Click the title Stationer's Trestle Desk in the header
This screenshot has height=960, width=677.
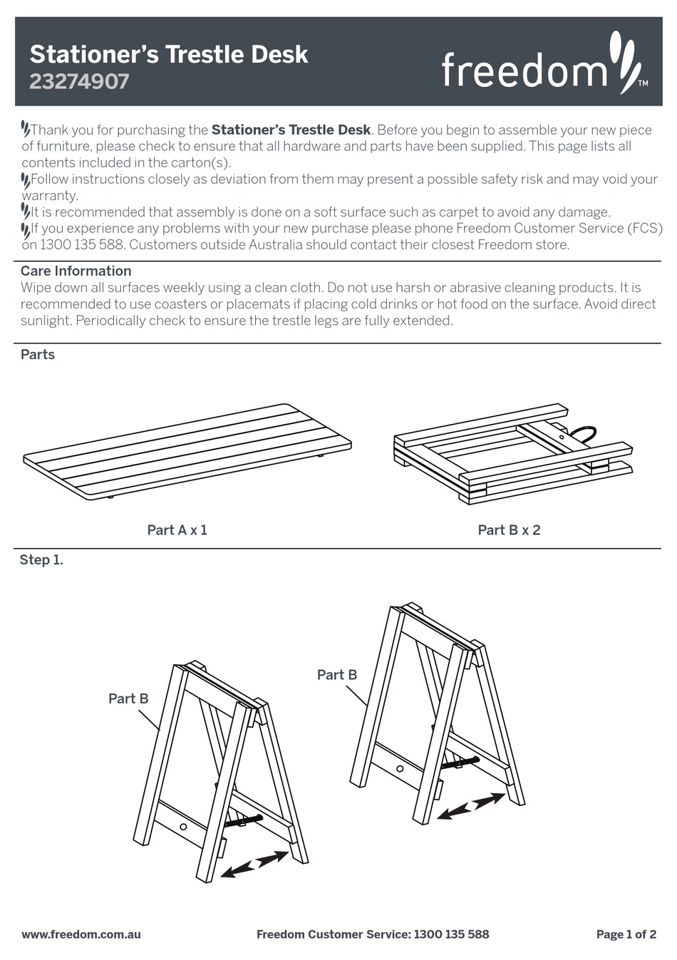[169, 54]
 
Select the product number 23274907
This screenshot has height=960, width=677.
[79, 81]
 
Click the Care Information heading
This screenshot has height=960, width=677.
[76, 271]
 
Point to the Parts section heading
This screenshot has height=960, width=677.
[38, 354]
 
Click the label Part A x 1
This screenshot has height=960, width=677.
[177, 530]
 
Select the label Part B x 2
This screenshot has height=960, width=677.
[509, 530]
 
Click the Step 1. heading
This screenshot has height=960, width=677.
[41, 559]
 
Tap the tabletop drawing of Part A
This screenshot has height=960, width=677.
[187, 450]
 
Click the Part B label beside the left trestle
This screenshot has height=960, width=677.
[128, 698]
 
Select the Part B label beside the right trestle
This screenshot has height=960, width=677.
[337, 674]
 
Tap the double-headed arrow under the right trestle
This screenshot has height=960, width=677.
[471, 806]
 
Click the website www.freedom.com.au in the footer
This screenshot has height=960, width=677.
[81, 934]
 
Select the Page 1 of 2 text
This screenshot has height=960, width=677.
[626, 934]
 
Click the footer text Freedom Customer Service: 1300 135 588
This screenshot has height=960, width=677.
[373, 934]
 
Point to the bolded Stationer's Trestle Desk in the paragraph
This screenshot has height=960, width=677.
[291, 130]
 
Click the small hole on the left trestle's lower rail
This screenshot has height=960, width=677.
[183, 826]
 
